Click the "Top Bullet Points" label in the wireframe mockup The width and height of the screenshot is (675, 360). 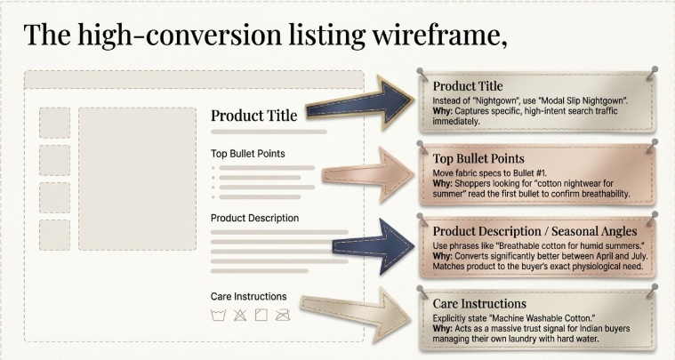[248, 153]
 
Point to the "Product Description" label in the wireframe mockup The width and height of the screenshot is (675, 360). [254, 218]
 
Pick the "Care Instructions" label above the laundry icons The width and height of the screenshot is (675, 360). [248, 296]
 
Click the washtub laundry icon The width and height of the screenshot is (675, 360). [216, 315]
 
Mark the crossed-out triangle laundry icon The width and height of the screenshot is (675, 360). [238, 315]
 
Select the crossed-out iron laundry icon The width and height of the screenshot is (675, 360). [283, 315]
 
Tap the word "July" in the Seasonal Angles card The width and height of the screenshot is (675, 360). [631, 255]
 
